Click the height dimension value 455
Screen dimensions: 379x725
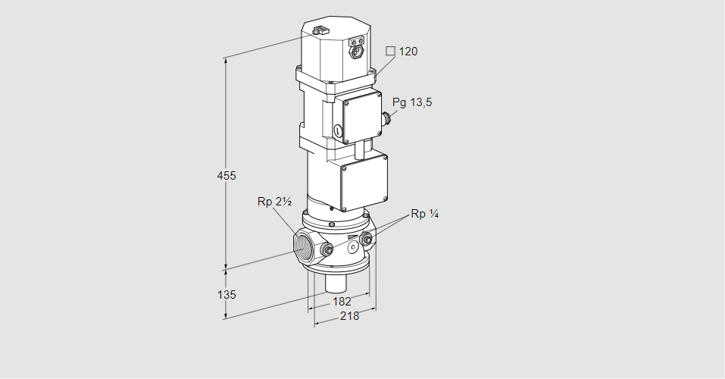point(226,176)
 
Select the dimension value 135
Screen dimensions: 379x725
point(226,294)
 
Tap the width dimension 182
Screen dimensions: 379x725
point(341,302)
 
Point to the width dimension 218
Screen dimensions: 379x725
point(348,316)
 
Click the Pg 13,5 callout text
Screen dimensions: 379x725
point(412,103)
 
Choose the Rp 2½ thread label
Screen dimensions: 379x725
point(274,202)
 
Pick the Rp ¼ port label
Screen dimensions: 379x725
point(424,214)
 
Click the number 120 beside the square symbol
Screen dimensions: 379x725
point(408,52)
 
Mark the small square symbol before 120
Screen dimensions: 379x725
point(390,51)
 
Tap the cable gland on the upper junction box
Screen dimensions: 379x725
point(387,117)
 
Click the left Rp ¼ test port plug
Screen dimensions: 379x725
point(327,249)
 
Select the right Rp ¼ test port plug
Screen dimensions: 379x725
point(368,241)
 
